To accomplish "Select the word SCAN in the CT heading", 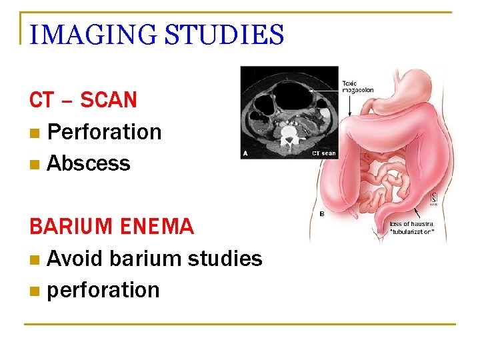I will [x=109, y=100].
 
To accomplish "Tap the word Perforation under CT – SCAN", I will [x=105, y=132].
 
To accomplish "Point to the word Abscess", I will [x=89, y=163].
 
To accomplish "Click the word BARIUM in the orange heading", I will [x=72, y=227].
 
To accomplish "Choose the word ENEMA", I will [x=157, y=227].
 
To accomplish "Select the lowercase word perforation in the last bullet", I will [x=103, y=290].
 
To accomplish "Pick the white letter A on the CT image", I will [x=247, y=153].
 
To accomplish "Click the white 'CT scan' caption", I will [x=324, y=153].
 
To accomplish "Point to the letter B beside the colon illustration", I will [x=323, y=214].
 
